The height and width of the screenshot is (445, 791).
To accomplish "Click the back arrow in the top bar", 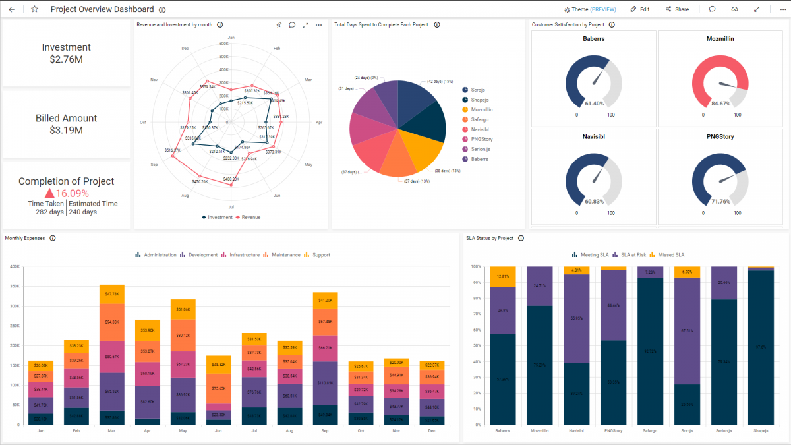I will pyautogui.click(x=11, y=9).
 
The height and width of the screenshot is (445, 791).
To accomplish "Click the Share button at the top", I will pyautogui.click(x=677, y=9).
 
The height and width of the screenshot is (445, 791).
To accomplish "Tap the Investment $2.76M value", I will pyautogui.click(x=66, y=59).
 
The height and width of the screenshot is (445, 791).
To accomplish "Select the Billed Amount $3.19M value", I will pyautogui.click(x=66, y=131).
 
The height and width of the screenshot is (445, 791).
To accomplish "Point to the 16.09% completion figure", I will pyautogui.click(x=71, y=194).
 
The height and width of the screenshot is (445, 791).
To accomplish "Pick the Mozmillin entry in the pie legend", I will pyautogui.click(x=481, y=109).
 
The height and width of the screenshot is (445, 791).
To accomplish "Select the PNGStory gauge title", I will pyautogui.click(x=720, y=137).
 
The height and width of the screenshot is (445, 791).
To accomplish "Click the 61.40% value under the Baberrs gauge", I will pyautogui.click(x=594, y=104).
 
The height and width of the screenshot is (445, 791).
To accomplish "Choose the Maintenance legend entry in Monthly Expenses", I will pyautogui.click(x=285, y=255).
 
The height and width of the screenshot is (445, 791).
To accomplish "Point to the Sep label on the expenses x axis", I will pyautogui.click(x=325, y=431).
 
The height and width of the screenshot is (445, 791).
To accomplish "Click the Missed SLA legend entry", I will pyautogui.click(x=670, y=255).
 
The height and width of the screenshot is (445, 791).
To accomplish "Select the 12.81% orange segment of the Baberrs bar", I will pyautogui.click(x=503, y=276).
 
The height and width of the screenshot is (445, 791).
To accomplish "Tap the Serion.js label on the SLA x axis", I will pyautogui.click(x=724, y=431).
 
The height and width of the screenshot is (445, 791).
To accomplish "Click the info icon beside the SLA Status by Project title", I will pyautogui.click(x=521, y=239).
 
